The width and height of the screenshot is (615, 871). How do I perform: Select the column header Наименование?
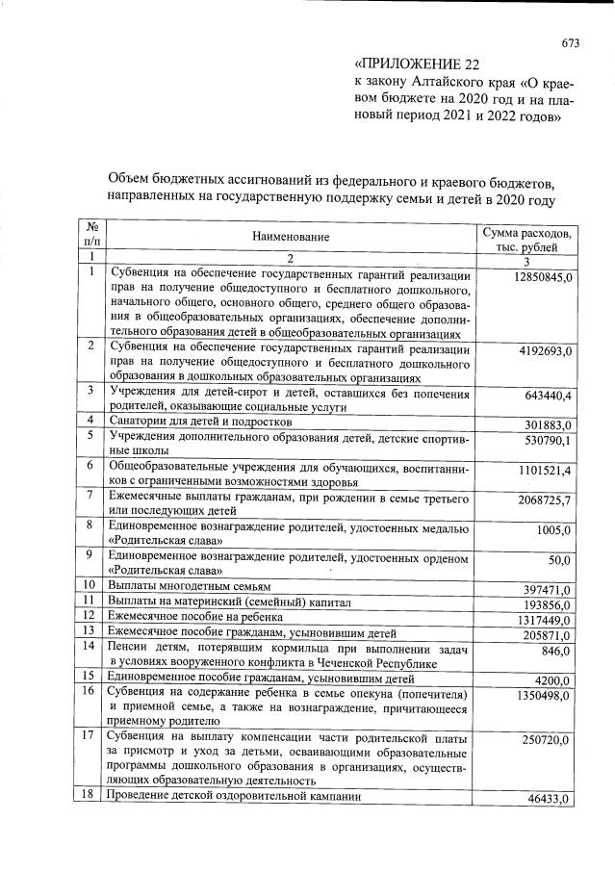(x=292, y=237)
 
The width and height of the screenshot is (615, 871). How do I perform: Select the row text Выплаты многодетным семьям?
(x=189, y=585)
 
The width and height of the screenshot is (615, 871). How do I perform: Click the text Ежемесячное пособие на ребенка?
(x=197, y=616)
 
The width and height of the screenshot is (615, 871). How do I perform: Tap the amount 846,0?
(x=556, y=651)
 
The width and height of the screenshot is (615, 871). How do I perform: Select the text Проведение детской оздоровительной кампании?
(x=234, y=796)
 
